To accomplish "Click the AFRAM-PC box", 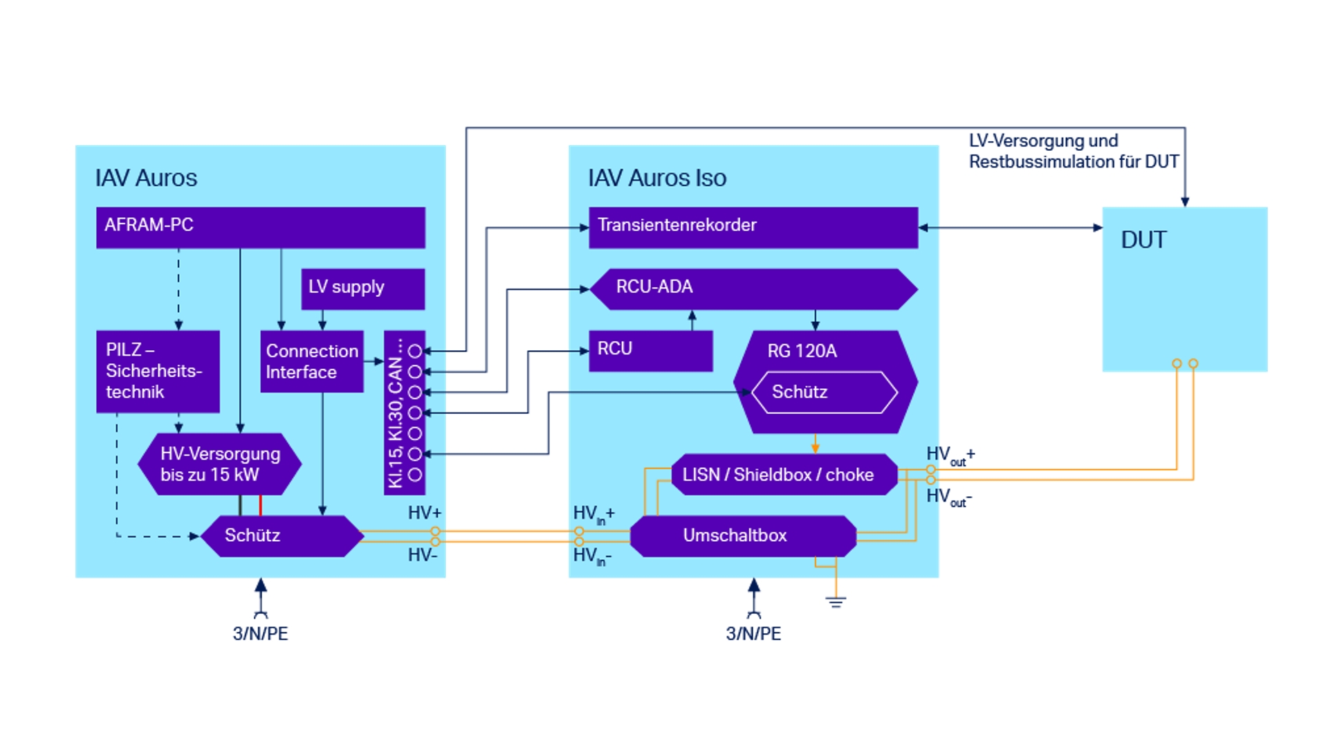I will coord(260,227).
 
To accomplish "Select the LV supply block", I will coord(362,288).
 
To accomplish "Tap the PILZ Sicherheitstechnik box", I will coord(158,371).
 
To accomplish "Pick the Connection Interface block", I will coord(311,361).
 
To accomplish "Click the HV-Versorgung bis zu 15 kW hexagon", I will coord(220,464).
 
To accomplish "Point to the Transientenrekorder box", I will coord(753,227).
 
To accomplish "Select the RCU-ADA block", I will coord(753,288).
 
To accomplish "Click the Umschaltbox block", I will coord(743,536).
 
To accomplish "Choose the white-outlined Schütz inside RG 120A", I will coord(825,392).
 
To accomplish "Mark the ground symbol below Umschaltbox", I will coord(836,601).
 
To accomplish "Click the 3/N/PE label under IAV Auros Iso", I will coord(753,633).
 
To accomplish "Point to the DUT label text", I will coord(1143,240).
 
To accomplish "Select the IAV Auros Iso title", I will coord(657,178).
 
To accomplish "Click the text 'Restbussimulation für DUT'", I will coord(1073,162).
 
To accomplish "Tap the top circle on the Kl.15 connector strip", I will coord(415,351).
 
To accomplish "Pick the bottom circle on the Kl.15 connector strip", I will coord(415,475).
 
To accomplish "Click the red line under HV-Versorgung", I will coord(261,505).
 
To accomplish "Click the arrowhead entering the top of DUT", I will coord(1185,201).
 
